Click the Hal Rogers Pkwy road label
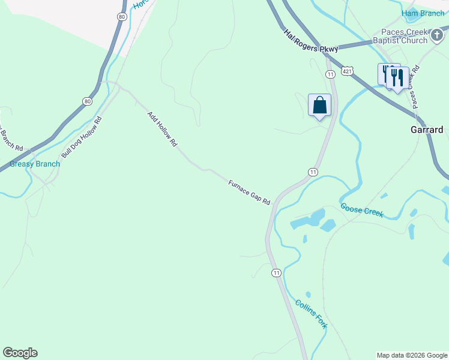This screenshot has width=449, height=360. coord(312,41)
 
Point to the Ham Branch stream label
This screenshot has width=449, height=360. coord(423,13)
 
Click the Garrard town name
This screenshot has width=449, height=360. coord(427,130)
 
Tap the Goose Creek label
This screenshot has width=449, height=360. coord(362,209)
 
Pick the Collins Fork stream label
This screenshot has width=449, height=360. coord(312,313)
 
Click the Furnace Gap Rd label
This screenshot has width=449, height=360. coord(249,193)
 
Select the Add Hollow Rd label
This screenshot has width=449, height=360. coord(163,128)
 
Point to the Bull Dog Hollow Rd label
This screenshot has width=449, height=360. coord(82,137)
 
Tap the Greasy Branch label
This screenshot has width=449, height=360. coord(35,164)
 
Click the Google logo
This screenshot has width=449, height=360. coord(20,353)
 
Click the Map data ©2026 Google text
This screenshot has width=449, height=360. coord(412,355)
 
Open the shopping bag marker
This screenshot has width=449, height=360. coord(319,106)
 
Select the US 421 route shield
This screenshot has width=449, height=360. coord(348,71)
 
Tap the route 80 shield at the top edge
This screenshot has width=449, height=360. coord(122,17)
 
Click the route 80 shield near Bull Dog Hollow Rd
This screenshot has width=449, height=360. coord(88,101)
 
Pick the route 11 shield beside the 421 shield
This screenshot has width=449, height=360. coord(330,74)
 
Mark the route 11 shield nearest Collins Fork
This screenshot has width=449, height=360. coord(276,273)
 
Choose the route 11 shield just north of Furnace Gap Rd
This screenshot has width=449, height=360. coord(312,172)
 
